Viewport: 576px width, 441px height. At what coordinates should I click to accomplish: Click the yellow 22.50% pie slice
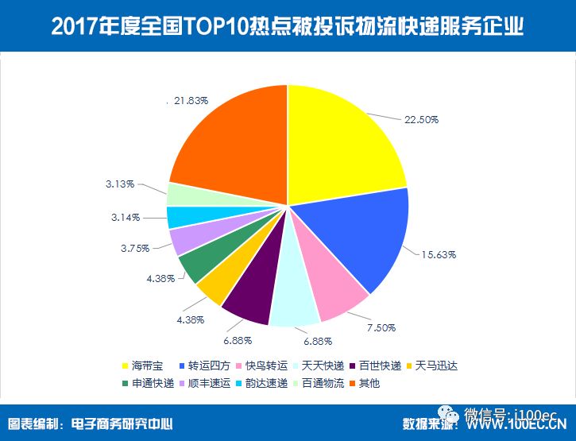point(342,143)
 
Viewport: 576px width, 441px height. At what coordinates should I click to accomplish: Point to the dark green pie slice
point(195,265)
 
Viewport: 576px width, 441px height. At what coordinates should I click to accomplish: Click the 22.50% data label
point(421,119)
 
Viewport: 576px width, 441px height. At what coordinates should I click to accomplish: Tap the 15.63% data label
point(438,255)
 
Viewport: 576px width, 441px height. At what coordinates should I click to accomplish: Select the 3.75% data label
point(134,247)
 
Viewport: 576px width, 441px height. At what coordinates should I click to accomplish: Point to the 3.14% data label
point(126,216)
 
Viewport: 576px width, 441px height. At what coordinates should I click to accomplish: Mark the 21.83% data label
point(191,101)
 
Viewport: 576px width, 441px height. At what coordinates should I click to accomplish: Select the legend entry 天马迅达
point(432,366)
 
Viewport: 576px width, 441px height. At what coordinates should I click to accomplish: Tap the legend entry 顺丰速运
point(207,384)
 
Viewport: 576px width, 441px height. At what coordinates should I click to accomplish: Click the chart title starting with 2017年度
point(288,26)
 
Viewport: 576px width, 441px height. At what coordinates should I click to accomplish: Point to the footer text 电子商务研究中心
point(122,424)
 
